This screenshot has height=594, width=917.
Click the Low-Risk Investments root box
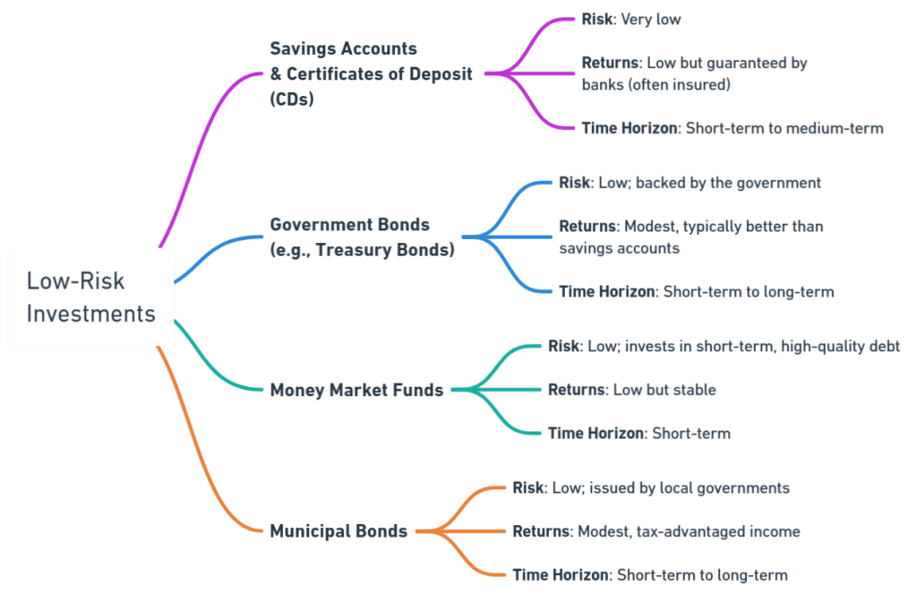click(90, 297)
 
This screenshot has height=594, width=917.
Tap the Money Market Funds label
click(356, 390)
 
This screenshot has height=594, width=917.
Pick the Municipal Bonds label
click(339, 530)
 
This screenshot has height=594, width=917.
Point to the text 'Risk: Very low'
click(630, 19)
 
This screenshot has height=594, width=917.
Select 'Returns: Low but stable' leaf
click(631, 390)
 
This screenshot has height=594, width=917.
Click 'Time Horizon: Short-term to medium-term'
click(732, 128)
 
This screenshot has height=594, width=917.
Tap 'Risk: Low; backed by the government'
click(690, 183)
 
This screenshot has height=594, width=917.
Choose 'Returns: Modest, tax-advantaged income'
click(656, 531)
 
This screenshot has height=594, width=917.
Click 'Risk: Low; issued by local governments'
click(650, 488)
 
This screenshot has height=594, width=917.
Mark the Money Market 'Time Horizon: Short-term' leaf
click(638, 434)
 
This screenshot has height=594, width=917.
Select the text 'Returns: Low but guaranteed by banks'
click(694, 74)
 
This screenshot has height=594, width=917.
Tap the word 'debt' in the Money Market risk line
click(884, 346)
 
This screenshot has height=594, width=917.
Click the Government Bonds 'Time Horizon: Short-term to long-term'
click(696, 291)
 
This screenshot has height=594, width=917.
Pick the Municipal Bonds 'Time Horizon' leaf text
click(650, 574)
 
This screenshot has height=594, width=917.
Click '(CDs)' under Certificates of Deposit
click(292, 100)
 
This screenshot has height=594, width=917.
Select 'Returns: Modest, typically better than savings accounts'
click(690, 237)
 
